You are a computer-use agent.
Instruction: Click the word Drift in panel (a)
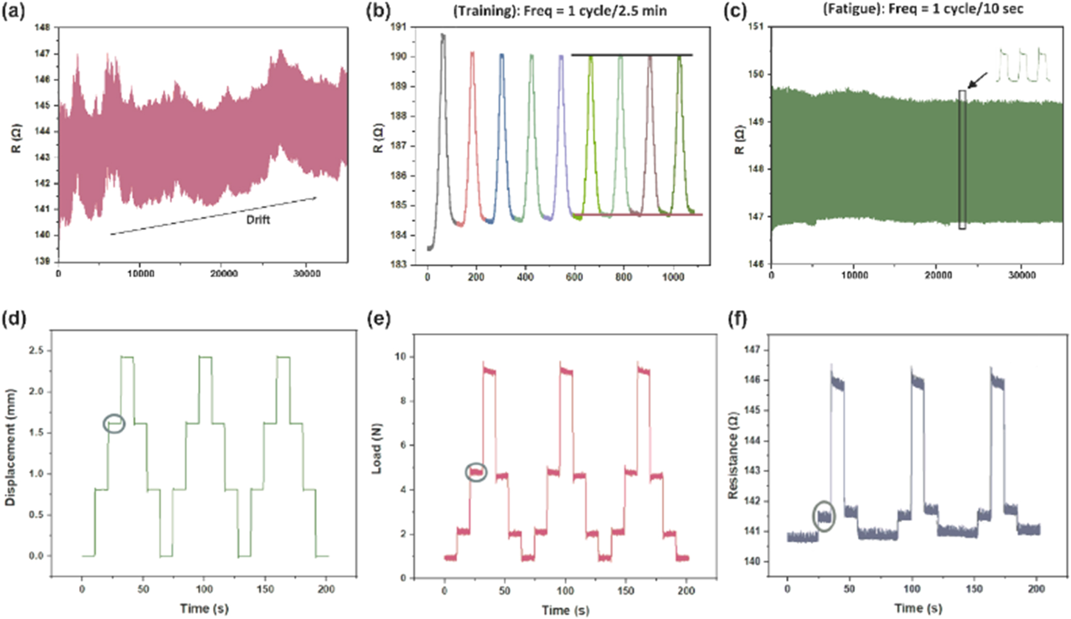(x=258, y=220)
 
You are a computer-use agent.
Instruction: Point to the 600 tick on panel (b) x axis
(x=574, y=277)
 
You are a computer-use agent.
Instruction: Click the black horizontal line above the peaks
(x=631, y=54)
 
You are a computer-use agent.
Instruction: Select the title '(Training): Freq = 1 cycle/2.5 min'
(x=560, y=10)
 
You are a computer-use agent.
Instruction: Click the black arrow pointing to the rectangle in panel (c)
(x=977, y=80)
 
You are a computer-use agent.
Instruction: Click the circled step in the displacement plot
(x=114, y=424)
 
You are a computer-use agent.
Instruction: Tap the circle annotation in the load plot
(x=476, y=472)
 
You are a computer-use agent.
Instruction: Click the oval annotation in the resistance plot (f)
(x=824, y=516)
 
